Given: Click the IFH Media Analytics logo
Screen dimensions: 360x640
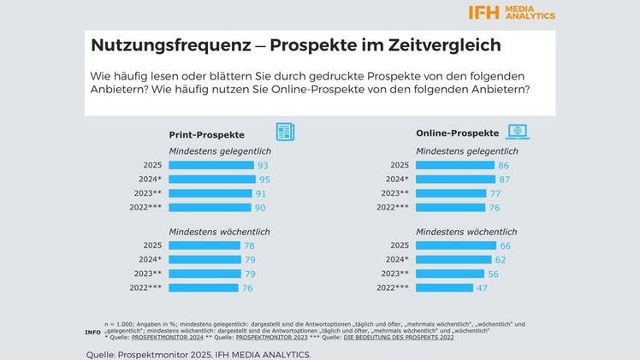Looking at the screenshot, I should coord(512,12).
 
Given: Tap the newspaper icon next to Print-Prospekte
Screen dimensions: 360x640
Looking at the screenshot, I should coord(284,133).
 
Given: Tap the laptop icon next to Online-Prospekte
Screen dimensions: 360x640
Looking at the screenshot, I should coord(517,133).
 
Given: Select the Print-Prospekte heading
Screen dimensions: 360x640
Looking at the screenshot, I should coord(206,134).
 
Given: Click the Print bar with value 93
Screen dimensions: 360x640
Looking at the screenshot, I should coord(211,165).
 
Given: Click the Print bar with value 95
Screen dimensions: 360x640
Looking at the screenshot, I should coord(212,180).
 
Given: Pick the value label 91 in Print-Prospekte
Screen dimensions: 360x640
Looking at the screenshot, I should coord(261,194).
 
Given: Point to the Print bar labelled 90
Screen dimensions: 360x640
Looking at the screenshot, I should coord(210,208).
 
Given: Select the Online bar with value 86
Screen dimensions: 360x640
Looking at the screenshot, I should coord(454,165).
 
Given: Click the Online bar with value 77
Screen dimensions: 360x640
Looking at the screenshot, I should coord(451,194).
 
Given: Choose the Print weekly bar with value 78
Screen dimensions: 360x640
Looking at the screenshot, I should coord(205,245).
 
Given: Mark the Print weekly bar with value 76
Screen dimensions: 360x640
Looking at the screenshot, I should coord(204,288).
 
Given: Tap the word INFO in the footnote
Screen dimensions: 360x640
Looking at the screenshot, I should coord(92,332).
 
